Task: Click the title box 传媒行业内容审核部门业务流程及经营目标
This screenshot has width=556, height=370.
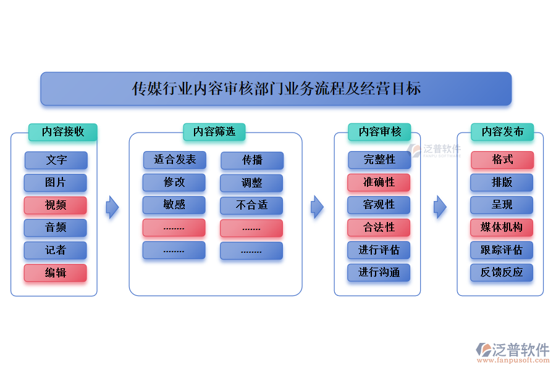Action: coord(276,89)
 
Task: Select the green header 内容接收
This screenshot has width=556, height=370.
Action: coord(62,132)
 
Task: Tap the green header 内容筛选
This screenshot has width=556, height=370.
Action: coord(214,132)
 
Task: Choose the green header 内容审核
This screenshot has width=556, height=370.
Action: coord(380,132)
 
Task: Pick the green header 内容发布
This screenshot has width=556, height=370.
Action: coord(502,132)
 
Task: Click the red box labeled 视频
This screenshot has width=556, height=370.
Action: coord(56,205)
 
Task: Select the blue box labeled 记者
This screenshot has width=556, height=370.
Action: coord(56,250)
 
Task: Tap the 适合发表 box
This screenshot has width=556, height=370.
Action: coord(175,160)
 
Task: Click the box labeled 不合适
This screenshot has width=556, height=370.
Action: coord(251,205)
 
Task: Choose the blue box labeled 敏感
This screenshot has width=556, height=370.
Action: coord(174,205)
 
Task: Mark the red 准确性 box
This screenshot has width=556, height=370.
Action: coord(379,183)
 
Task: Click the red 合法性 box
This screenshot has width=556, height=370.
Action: coord(379,228)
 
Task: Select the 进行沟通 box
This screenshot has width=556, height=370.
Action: coord(379,273)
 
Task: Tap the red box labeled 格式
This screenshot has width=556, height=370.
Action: coord(502,160)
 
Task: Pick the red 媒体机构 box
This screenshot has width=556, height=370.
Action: coord(502,228)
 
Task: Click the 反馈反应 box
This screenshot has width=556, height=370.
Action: coord(502,273)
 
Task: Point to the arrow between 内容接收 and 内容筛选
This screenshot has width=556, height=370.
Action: coord(112,207)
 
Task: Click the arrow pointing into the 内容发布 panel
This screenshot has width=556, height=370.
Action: coord(440,207)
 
